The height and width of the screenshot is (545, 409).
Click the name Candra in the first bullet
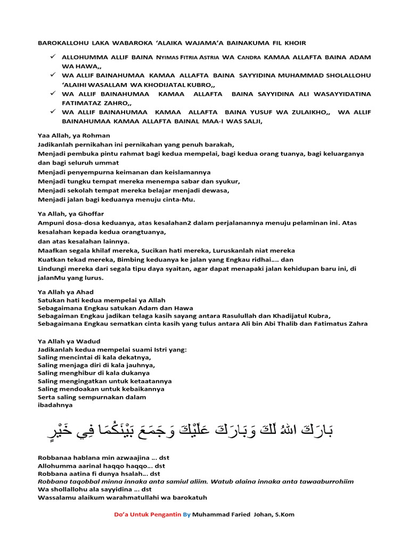(249, 57)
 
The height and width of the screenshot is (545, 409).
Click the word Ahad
(84, 292)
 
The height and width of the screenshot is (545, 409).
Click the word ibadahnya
(55, 405)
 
